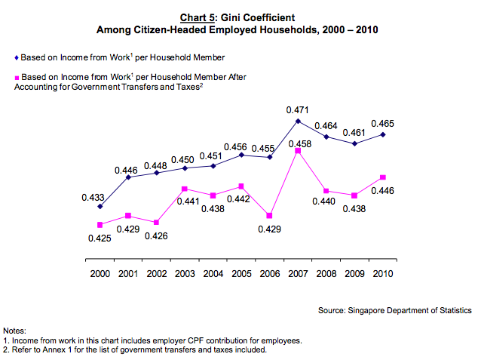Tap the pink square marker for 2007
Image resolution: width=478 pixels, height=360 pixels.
299,151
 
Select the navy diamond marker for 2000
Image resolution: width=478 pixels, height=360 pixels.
100,206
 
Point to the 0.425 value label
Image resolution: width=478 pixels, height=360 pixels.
100,238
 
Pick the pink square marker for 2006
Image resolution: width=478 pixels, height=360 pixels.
270,215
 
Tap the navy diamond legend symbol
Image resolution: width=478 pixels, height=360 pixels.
17,57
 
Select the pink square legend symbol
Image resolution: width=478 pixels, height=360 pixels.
17,77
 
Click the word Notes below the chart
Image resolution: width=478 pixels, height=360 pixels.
15,331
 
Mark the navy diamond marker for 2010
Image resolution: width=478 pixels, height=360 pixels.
384,134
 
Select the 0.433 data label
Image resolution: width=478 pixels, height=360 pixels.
93,197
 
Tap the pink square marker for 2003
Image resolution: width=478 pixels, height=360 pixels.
185,189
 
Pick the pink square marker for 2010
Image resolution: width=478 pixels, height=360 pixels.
384,178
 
